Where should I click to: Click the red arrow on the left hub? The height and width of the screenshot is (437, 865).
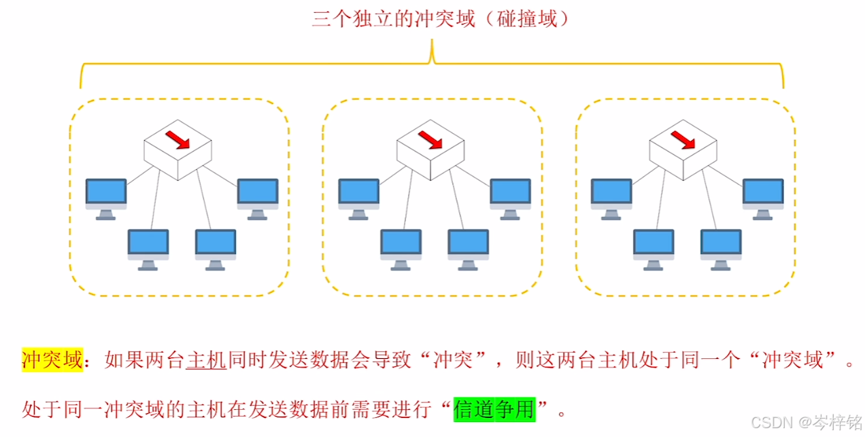tap(177, 139)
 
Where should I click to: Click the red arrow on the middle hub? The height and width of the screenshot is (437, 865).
tap(430, 139)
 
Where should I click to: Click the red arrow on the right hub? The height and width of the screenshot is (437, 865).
tap(683, 139)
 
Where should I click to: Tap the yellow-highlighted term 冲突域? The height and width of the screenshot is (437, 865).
tap(52, 359)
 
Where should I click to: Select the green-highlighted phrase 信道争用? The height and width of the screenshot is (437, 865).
tap(494, 409)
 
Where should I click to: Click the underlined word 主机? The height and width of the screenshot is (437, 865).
tap(205, 359)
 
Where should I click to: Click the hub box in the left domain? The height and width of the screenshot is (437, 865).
tap(177, 150)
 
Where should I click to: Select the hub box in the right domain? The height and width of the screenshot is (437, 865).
tap(683, 150)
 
